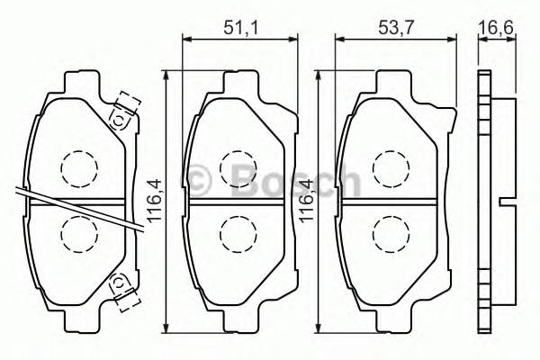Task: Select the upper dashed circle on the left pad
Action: click(76, 166)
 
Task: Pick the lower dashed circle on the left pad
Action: click(76, 235)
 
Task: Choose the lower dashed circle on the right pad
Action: click(389, 235)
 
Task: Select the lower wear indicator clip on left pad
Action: click(120, 286)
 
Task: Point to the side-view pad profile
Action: click(485, 198)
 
